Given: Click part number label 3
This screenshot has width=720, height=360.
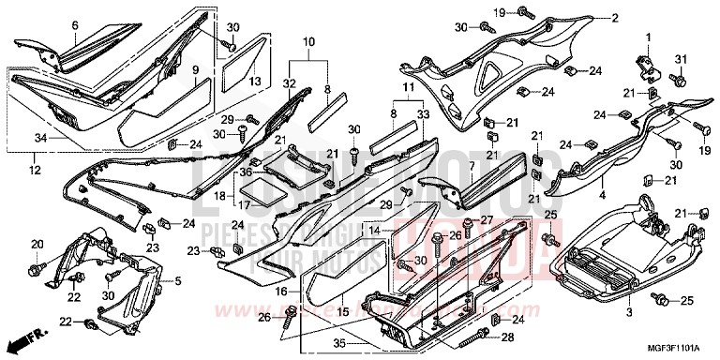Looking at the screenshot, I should coord(628,311).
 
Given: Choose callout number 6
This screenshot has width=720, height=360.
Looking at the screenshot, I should coord(76,25).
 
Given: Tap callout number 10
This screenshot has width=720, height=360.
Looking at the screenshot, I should coord(308,42).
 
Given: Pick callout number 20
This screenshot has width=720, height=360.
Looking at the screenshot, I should coord(37,245).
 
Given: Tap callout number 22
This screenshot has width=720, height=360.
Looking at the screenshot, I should coord(65,323).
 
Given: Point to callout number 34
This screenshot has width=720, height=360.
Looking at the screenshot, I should coord(39,139).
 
